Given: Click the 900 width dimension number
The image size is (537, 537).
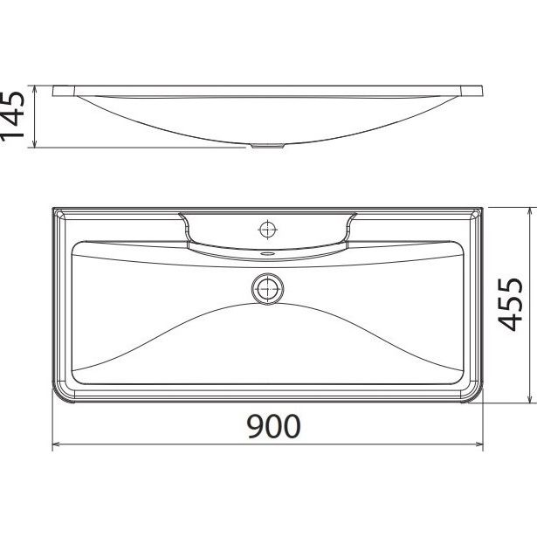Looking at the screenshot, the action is coord(273,426).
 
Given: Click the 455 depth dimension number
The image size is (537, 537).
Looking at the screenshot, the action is coord(510,305).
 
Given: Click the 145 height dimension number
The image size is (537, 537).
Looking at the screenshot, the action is coord(13,116).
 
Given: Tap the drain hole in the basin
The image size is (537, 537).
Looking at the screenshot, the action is coord(267,289).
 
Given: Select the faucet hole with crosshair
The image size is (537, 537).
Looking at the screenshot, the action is coord(267,230).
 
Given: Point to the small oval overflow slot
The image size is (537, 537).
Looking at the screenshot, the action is coord(267,254).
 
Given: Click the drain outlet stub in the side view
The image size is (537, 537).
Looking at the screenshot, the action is coord(267,146).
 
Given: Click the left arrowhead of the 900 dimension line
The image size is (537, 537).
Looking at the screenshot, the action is coord(56,444).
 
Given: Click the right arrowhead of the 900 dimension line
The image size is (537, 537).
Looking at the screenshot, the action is coord(479,444).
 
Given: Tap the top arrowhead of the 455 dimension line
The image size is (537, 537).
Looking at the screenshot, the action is coord(531,211).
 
